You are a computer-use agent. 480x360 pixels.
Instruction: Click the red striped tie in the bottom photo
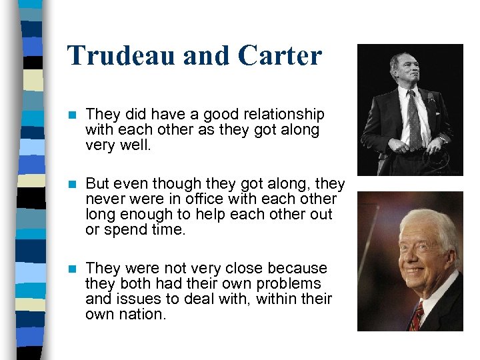(416, 317)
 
